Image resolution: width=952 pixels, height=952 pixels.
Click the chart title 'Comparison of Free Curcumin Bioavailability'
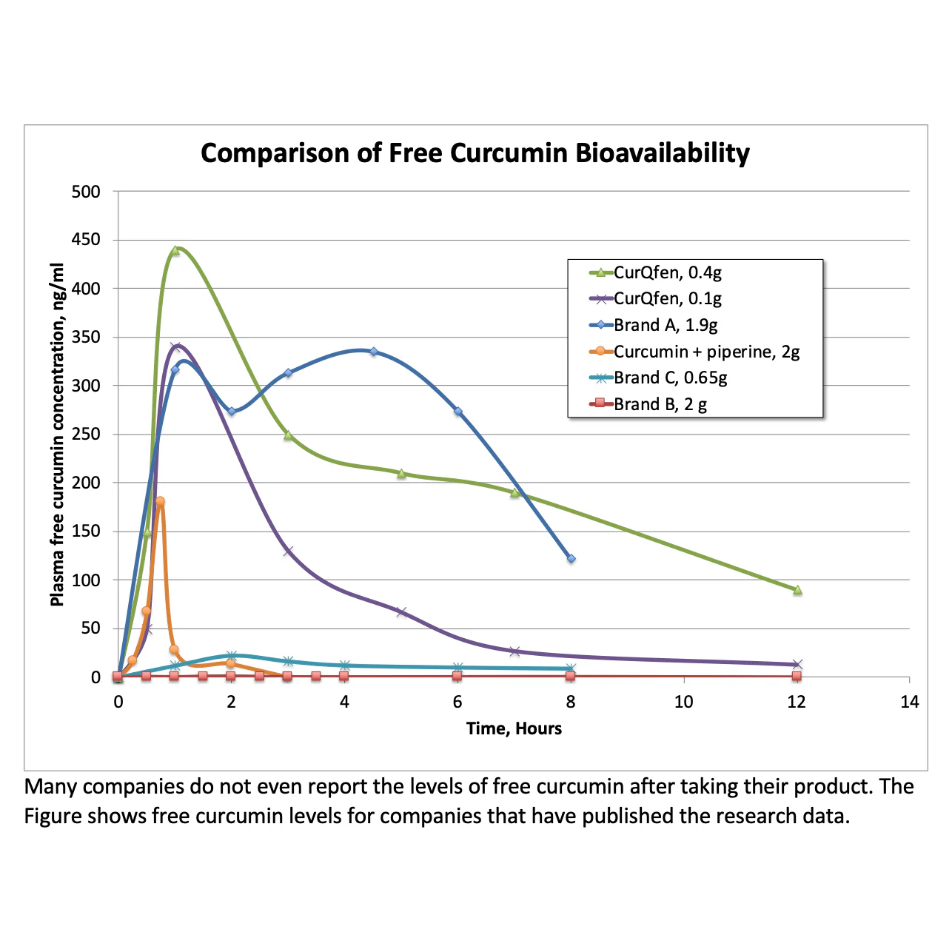coord(475,153)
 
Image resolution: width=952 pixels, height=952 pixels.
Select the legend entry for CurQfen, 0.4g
coord(655,272)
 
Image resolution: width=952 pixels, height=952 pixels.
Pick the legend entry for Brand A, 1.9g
coord(653,325)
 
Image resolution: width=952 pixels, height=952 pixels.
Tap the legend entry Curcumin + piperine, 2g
coord(694,351)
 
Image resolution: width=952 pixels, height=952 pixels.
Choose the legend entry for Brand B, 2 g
coord(648,404)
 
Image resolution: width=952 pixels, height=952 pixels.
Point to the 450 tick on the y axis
coord(86,240)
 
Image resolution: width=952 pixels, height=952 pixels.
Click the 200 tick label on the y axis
coord(86,483)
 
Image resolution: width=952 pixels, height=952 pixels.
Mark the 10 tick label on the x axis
coord(684,702)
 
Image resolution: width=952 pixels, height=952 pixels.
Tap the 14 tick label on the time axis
coord(910,702)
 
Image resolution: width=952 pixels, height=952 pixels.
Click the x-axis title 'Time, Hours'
coord(514,728)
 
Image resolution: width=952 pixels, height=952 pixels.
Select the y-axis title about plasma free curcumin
coord(57,435)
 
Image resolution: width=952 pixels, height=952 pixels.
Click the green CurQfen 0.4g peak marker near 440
coord(175,250)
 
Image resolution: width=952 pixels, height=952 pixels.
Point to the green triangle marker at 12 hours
coord(797,590)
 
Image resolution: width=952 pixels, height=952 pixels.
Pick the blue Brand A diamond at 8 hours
coord(571,559)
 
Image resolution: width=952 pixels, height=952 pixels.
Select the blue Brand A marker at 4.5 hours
coord(373,351)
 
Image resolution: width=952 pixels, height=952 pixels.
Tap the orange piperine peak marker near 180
coord(160,501)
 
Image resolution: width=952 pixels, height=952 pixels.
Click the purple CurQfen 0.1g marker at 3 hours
coord(288,551)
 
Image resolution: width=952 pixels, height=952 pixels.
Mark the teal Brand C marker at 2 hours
coord(231,656)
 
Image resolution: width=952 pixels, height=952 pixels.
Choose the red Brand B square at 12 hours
coord(797,676)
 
